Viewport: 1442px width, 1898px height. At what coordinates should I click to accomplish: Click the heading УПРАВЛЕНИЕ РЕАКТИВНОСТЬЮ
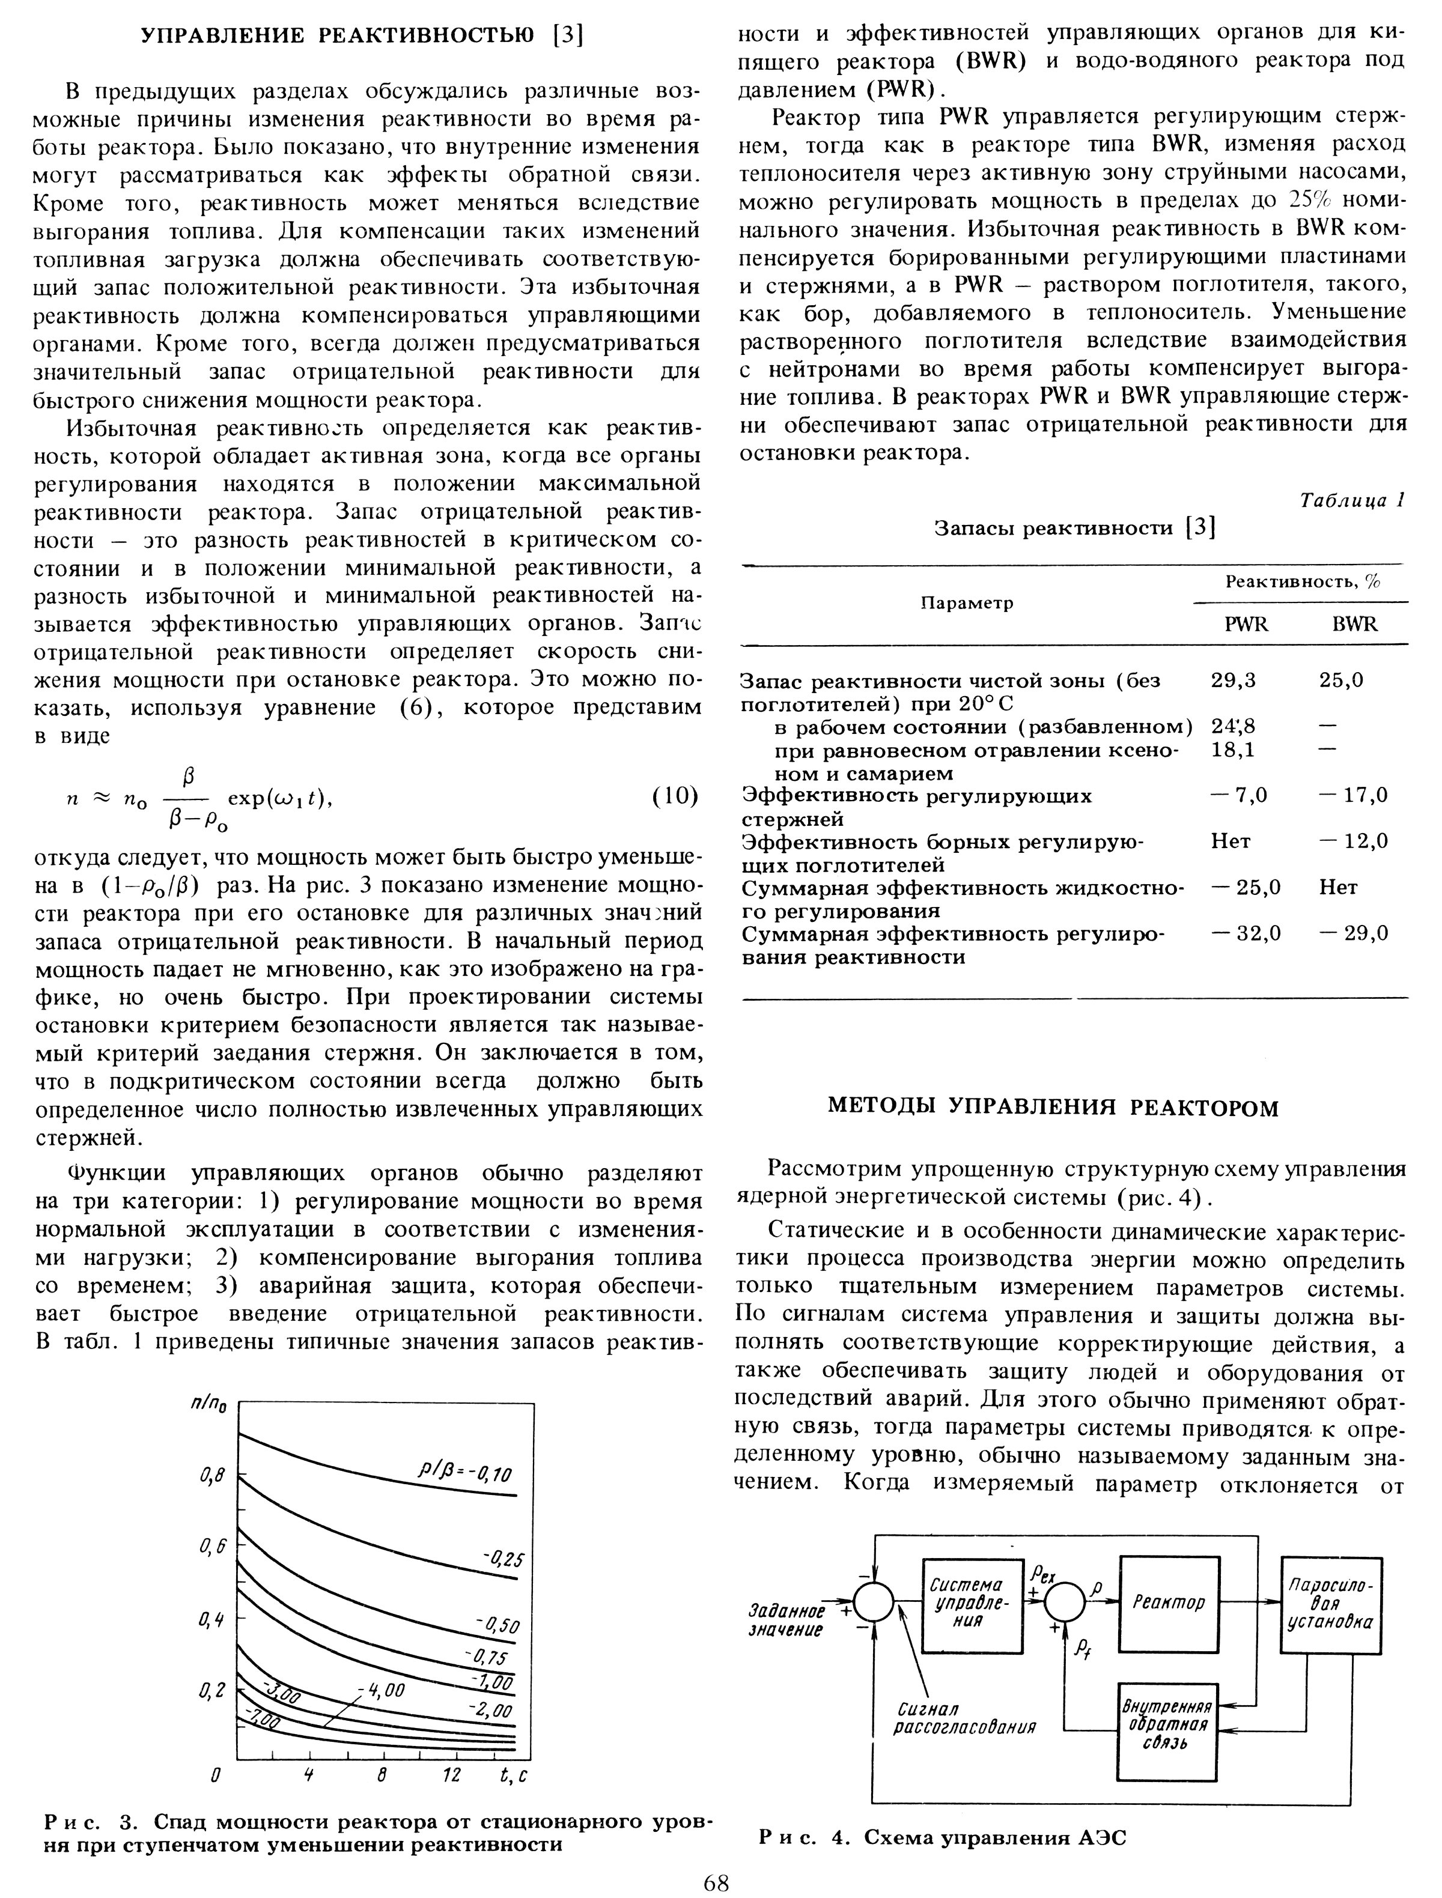361,35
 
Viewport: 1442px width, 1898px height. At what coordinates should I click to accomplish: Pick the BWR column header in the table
1354,625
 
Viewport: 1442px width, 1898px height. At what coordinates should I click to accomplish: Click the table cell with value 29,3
1234,681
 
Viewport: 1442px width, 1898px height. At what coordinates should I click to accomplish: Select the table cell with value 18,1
1234,750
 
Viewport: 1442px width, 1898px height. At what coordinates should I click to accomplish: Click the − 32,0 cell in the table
1246,933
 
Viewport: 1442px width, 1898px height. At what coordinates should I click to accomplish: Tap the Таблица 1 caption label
1351,500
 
